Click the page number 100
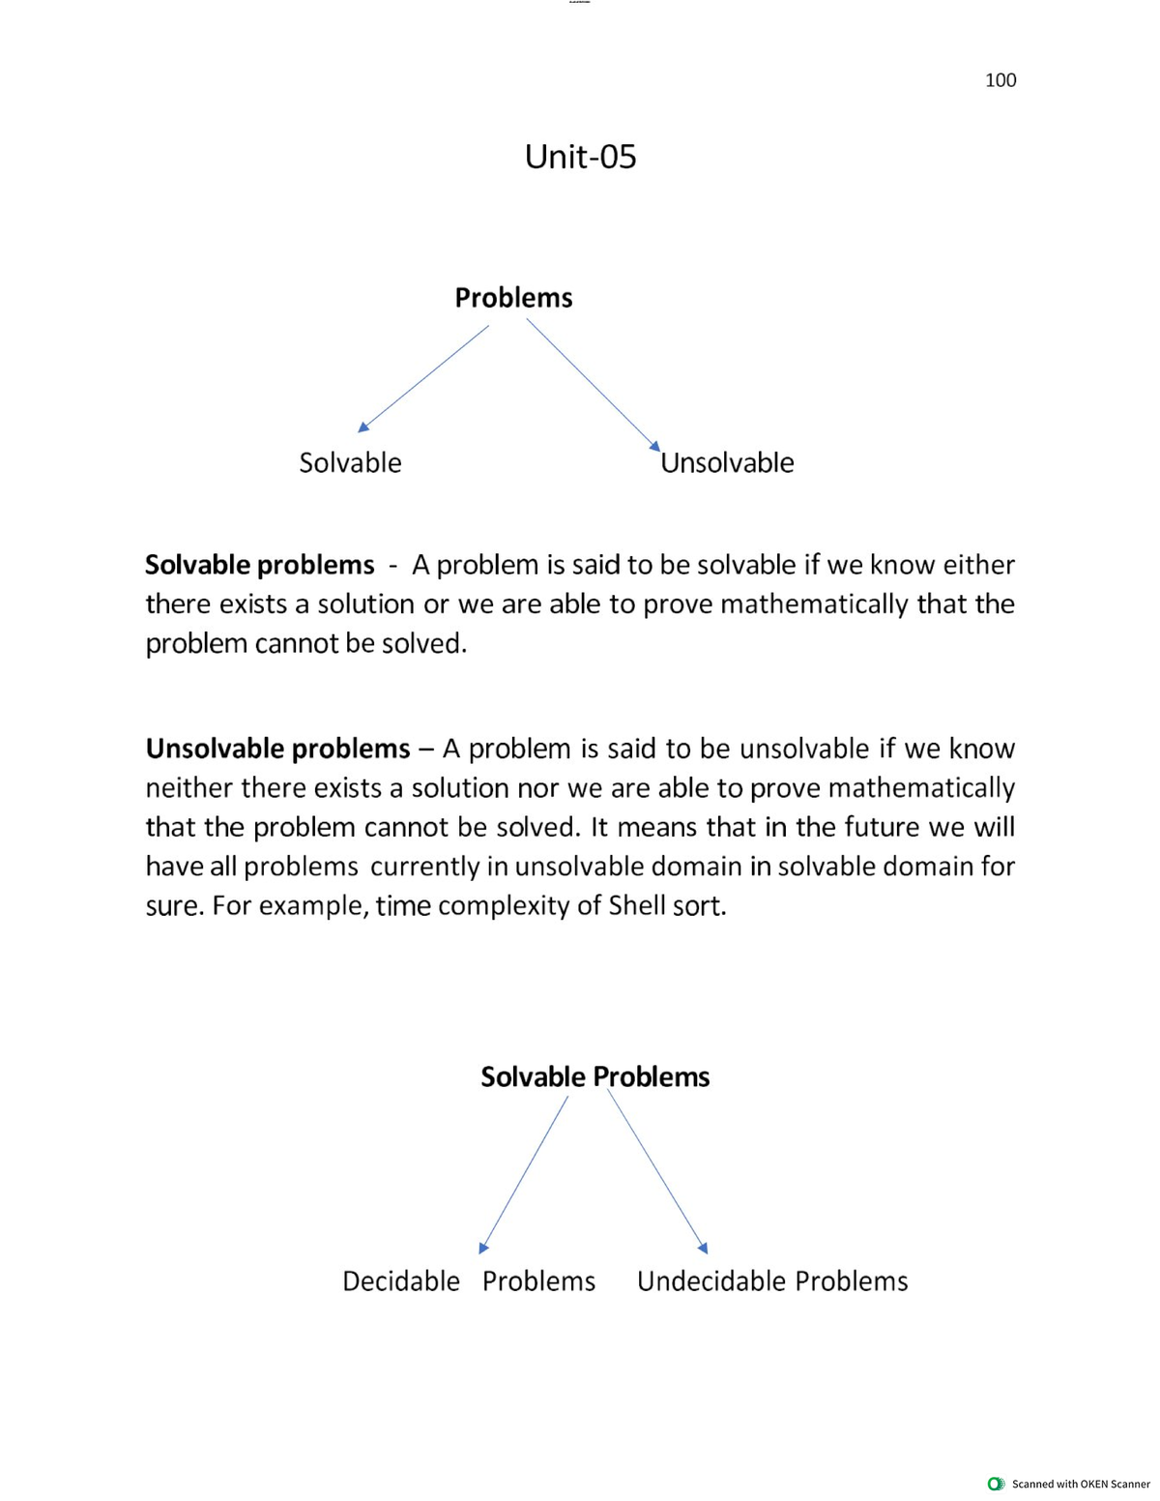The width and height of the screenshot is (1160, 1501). click(1000, 80)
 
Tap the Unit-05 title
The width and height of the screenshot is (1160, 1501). click(580, 157)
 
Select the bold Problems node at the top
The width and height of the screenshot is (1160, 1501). click(513, 298)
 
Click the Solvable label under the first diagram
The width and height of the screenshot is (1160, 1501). click(350, 463)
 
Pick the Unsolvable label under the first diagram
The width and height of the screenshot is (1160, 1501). click(727, 463)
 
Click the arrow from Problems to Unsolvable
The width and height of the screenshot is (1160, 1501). click(593, 383)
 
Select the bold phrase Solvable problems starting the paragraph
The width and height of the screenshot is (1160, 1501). click(259, 565)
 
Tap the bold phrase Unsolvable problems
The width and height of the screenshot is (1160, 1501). click(277, 749)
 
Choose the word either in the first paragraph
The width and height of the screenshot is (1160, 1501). click(978, 565)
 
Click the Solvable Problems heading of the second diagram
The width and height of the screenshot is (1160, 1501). click(594, 1077)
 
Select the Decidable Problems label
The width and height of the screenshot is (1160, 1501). click(469, 1281)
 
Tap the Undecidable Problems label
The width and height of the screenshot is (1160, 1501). click(772, 1281)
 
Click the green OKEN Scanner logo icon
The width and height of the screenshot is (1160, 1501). click(996, 1484)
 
